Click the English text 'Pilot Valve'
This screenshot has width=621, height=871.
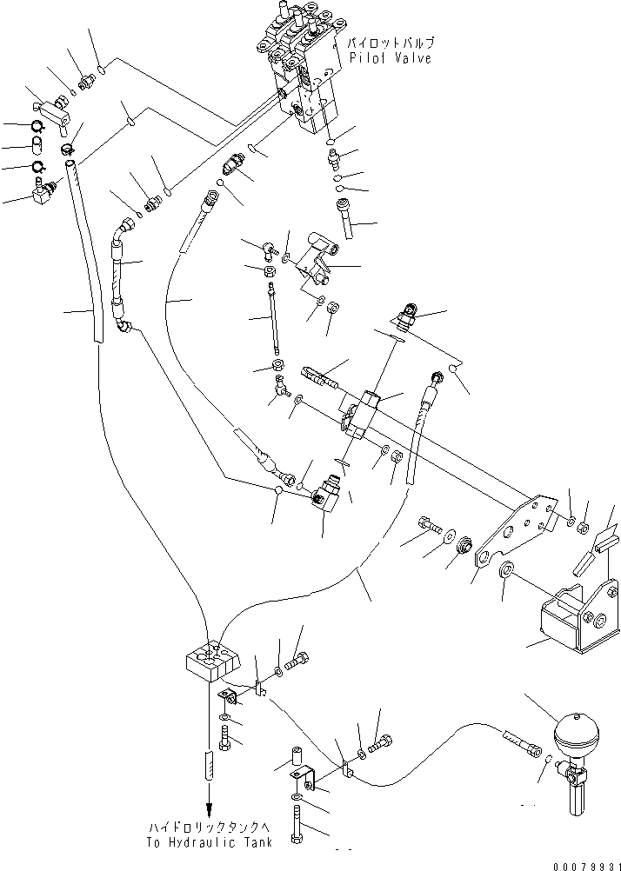(391, 57)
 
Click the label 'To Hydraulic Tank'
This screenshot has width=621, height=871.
(210, 842)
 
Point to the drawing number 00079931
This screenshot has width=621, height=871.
(585, 865)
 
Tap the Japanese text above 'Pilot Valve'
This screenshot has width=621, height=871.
(391, 43)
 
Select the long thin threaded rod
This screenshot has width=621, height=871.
(273, 317)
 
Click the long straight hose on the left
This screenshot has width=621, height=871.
(83, 251)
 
